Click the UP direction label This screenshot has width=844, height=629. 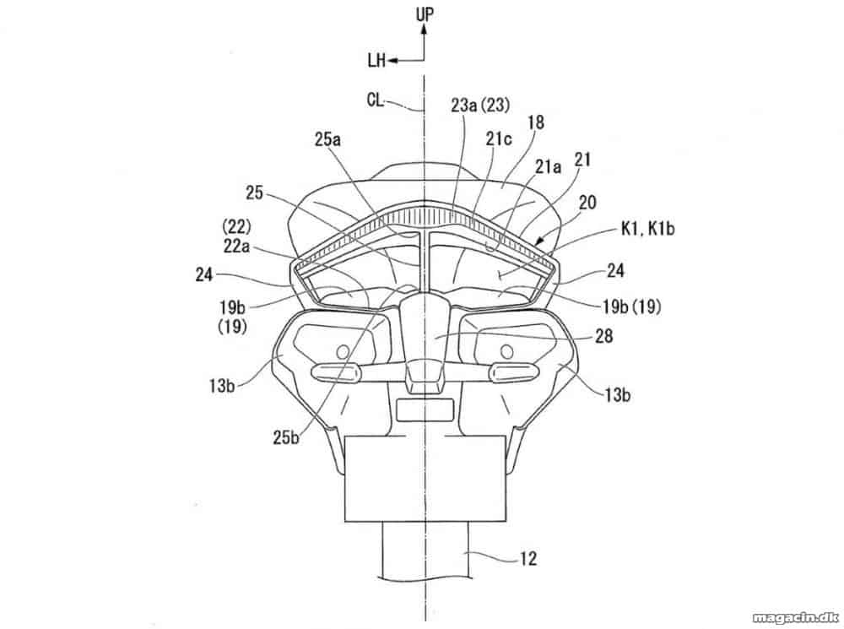tap(425, 14)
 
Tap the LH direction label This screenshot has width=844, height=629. tap(376, 60)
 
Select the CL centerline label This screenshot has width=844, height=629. tap(376, 100)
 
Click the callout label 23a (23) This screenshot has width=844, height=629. tap(480, 105)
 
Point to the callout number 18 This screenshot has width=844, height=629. tap(536, 122)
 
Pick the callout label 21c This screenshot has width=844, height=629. tap(499, 139)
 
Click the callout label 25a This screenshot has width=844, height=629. tap(327, 140)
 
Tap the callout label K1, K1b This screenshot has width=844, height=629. tap(647, 228)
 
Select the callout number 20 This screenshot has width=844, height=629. tap(587, 203)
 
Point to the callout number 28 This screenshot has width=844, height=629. tap(604, 336)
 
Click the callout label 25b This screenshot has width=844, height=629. tap(286, 437)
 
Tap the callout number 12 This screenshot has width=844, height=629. tap(528, 558)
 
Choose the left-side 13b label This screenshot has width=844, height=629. tap(222, 386)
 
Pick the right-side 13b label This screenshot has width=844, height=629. tap(618, 395)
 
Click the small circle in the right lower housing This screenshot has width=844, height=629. tap(506, 352)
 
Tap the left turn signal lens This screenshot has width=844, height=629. tap(335, 371)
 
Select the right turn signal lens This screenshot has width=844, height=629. tap(513, 371)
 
